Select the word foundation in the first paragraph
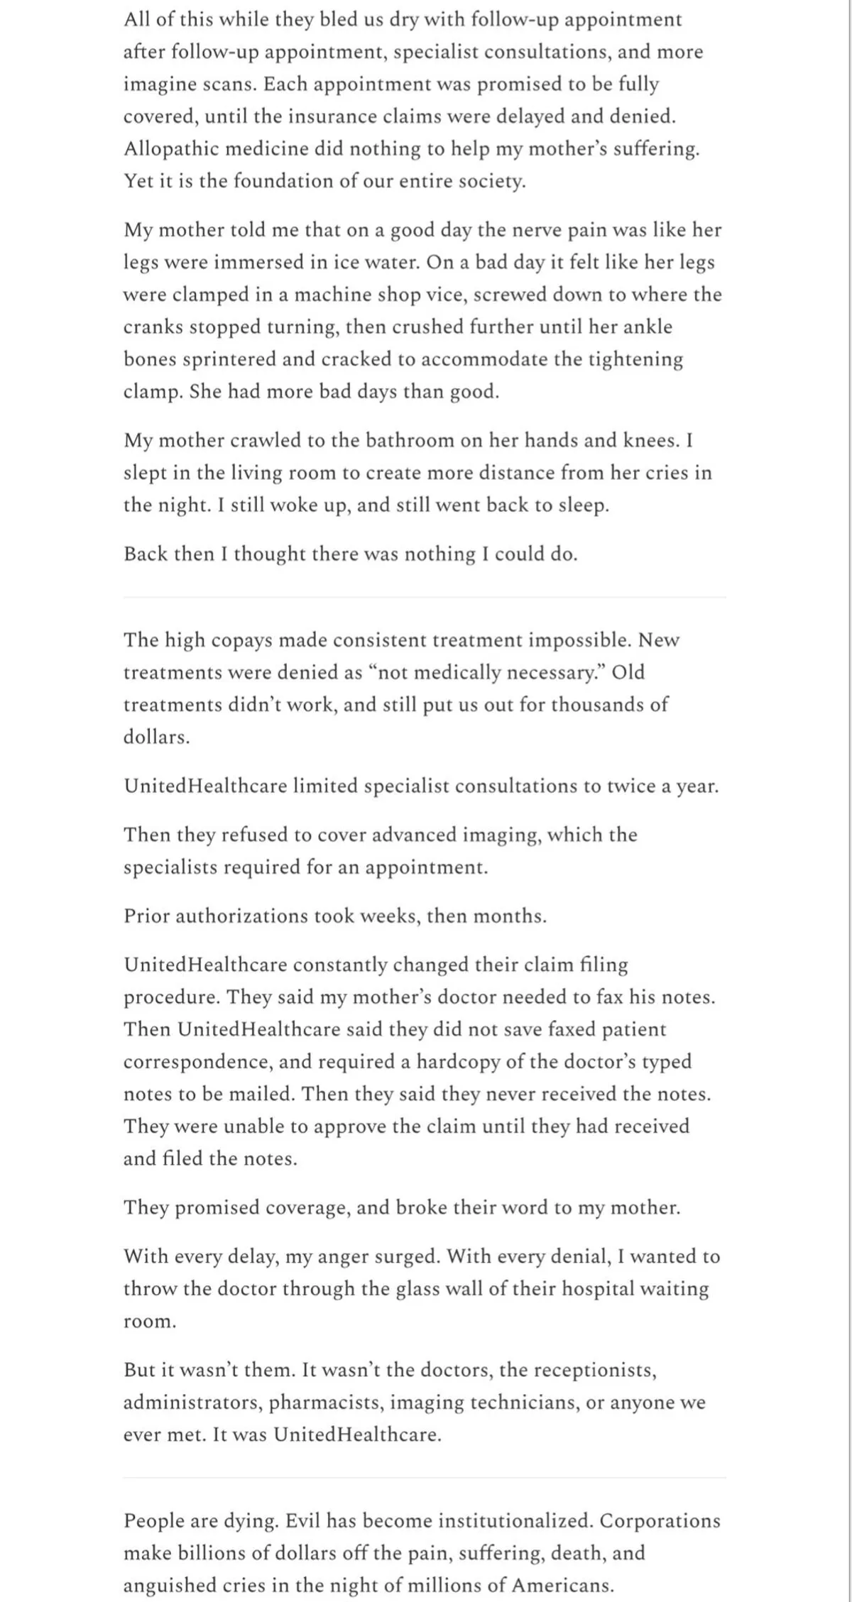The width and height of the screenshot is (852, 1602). click(280, 181)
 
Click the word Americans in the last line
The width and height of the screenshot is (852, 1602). click(562, 1586)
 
